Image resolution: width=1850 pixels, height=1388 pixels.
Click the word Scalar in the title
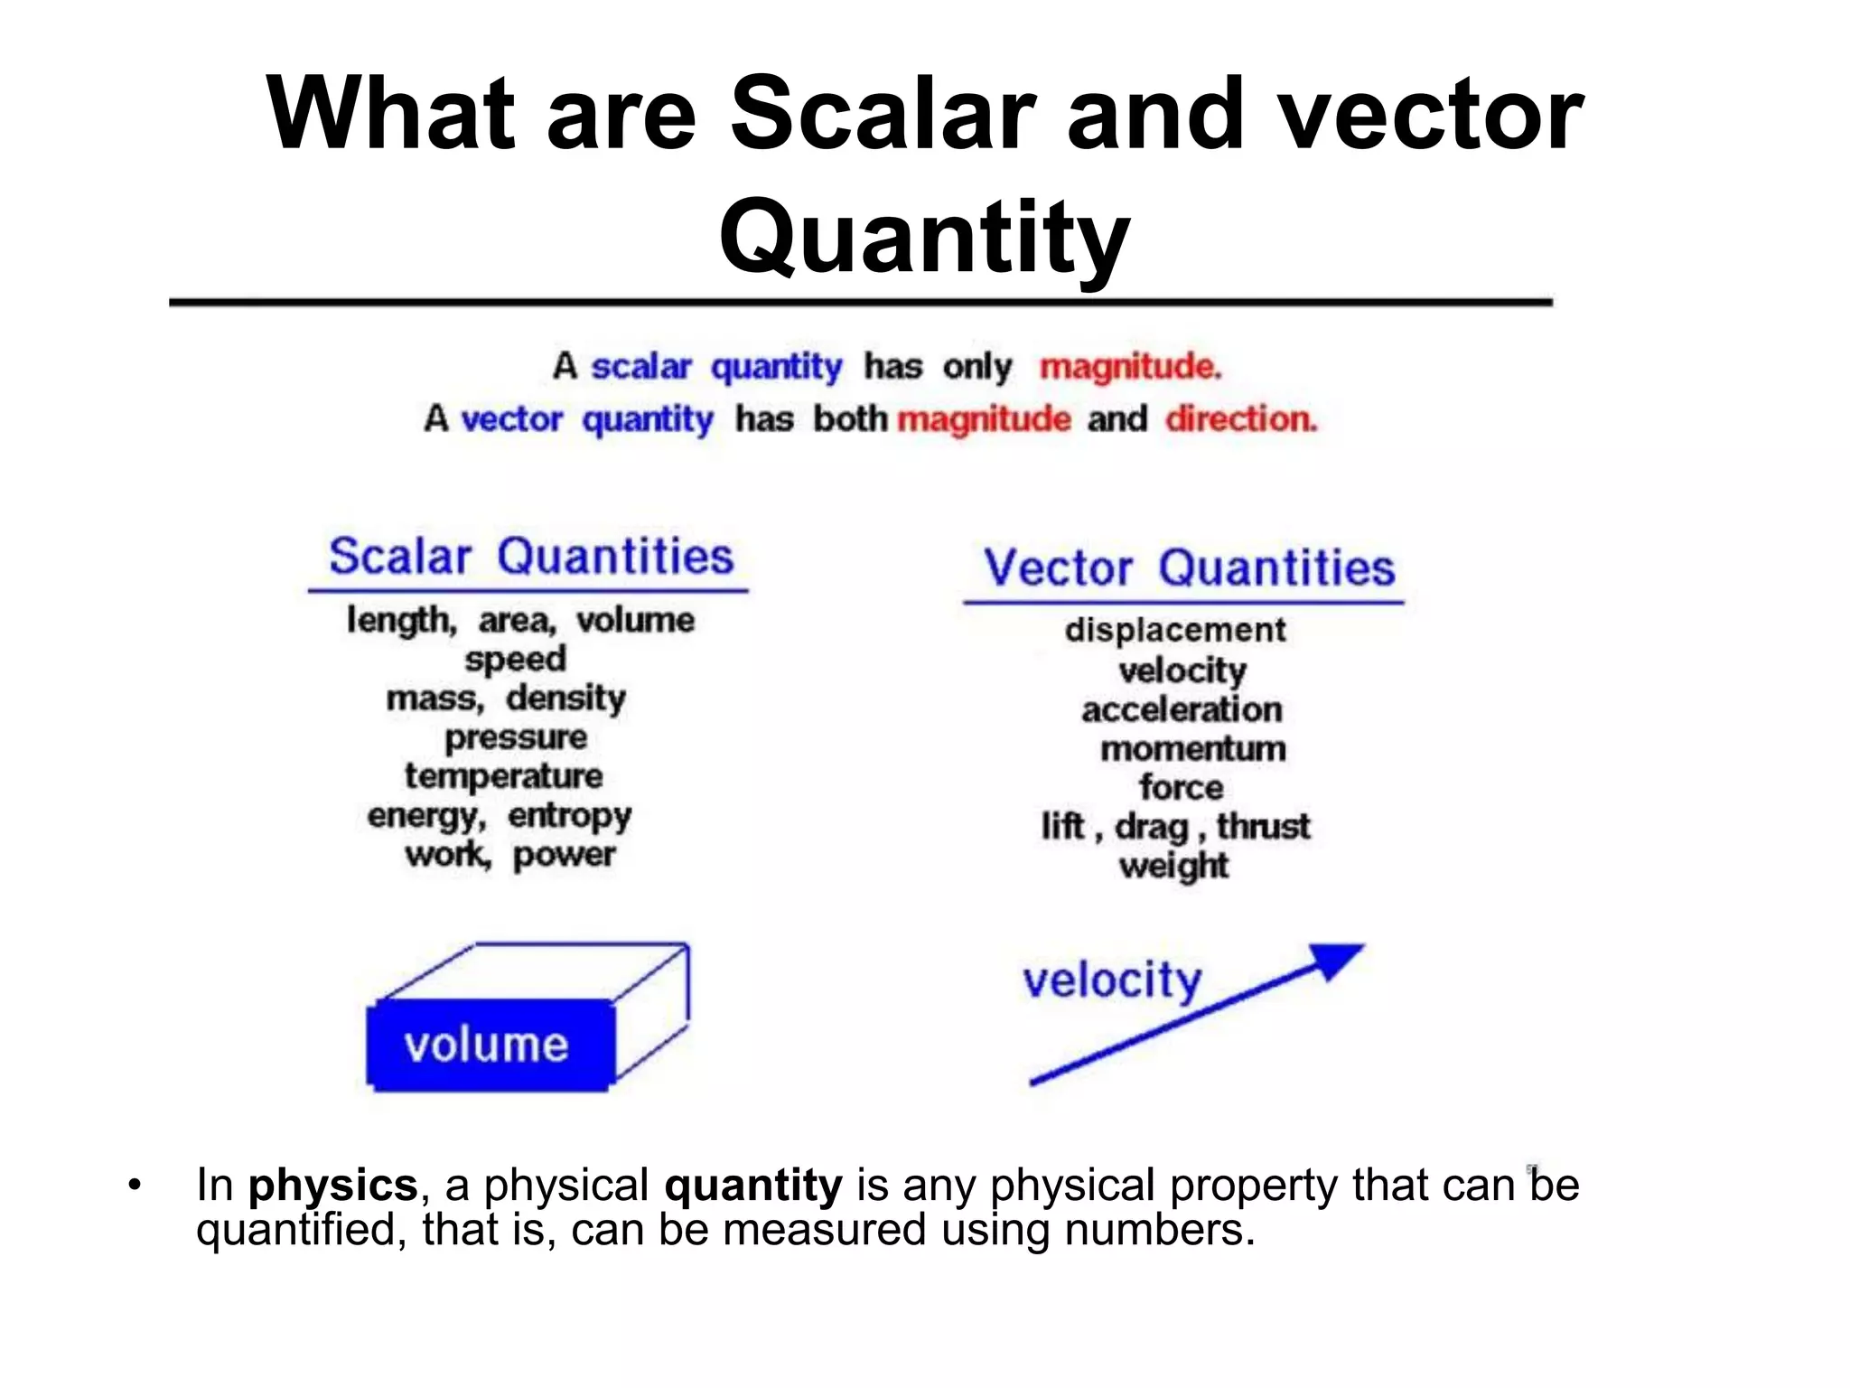(x=882, y=115)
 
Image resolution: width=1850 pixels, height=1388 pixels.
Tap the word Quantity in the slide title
(x=924, y=237)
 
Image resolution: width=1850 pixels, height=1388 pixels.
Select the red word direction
(x=1240, y=419)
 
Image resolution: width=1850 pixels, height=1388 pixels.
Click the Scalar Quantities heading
(x=530, y=557)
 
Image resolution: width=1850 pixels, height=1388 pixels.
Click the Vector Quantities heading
(x=1189, y=568)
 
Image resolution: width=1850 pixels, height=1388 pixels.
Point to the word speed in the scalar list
(x=516, y=659)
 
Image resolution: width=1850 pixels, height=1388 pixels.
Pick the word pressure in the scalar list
(x=516, y=737)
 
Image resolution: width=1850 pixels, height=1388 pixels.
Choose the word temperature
(x=503, y=776)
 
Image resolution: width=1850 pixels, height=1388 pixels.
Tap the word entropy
(x=569, y=816)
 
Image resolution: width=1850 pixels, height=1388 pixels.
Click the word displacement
(x=1174, y=630)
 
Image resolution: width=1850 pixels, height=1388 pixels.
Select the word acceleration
(x=1182, y=709)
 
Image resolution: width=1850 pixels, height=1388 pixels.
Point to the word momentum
(x=1192, y=748)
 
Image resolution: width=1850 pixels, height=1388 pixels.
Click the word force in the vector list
(x=1181, y=787)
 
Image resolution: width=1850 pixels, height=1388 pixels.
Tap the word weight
(x=1173, y=866)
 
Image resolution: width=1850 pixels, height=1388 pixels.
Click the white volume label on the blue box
(x=486, y=1045)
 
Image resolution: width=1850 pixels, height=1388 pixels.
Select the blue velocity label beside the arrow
(x=1112, y=980)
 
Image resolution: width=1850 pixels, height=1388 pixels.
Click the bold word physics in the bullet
(x=332, y=1185)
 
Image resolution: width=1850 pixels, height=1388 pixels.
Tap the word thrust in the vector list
(x=1263, y=826)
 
